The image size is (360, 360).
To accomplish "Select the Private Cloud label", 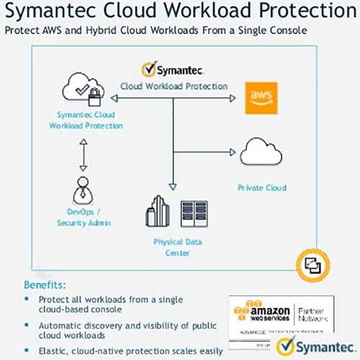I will tap(262, 188).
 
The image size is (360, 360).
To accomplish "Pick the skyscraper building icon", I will tap(156, 211).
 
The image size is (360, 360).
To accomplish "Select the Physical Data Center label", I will tap(172, 247).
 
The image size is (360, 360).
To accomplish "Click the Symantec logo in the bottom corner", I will tap(308, 346).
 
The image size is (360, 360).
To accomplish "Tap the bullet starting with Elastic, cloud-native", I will tap(115, 351).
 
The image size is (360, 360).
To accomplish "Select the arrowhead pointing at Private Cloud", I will tap(233, 151).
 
